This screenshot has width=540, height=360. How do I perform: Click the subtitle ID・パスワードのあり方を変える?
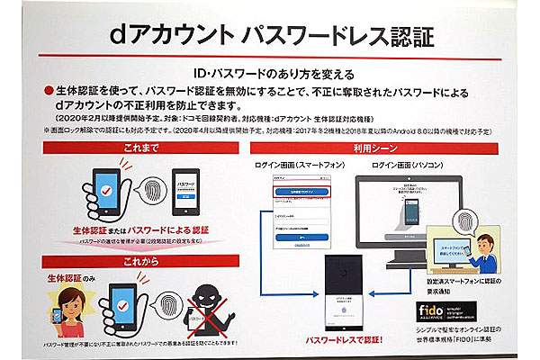click(x=270, y=73)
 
